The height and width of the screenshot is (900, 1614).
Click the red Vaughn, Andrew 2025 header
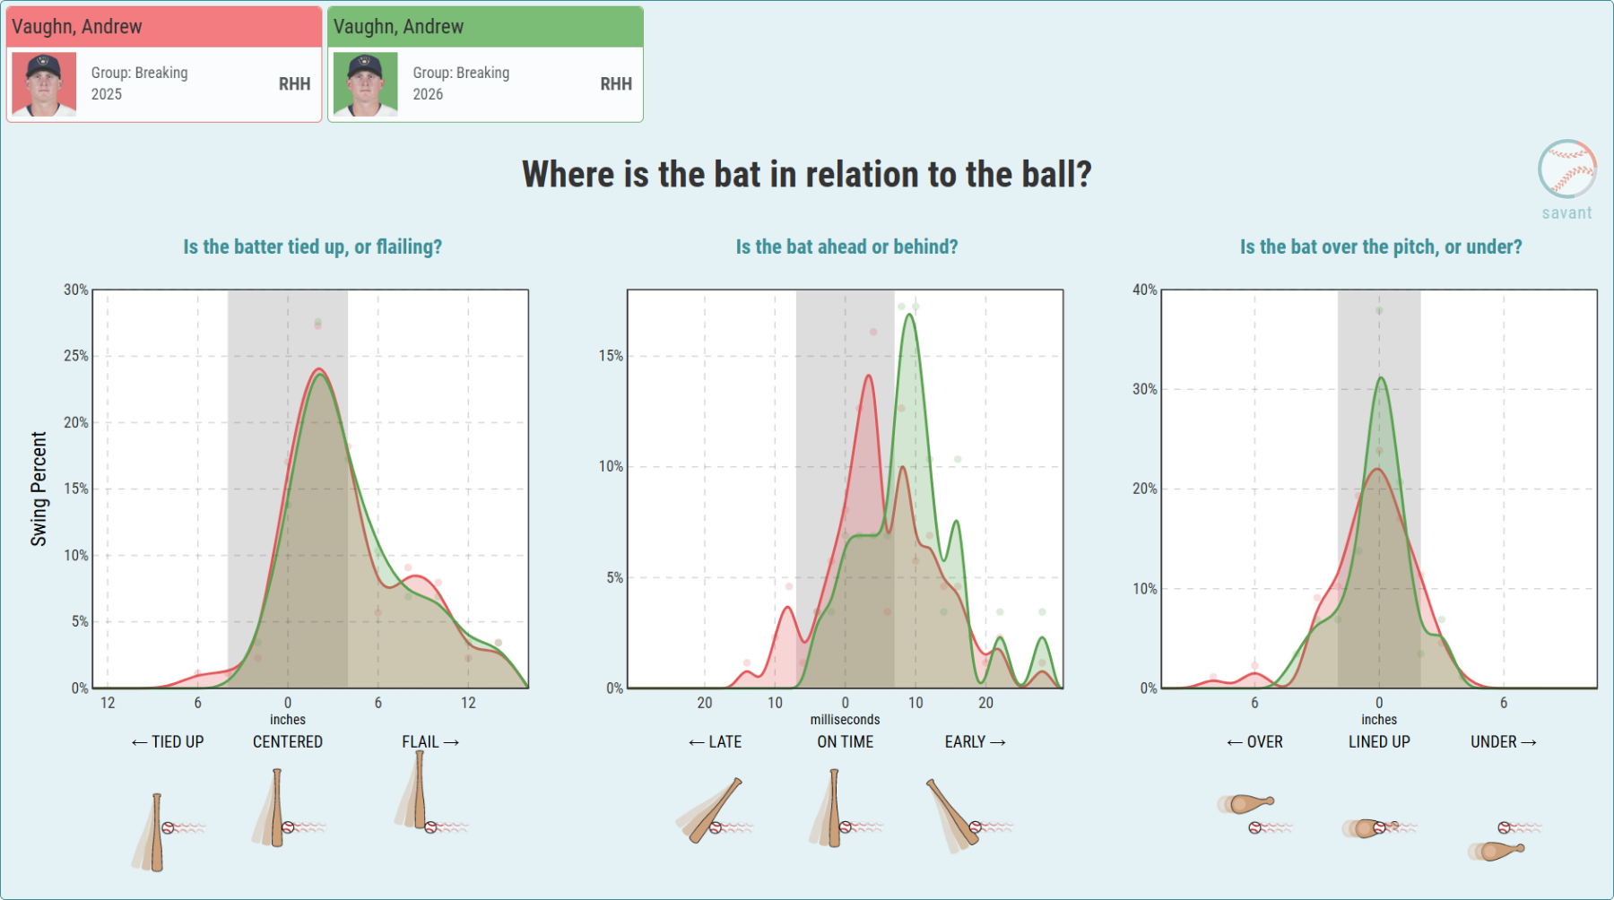(x=164, y=27)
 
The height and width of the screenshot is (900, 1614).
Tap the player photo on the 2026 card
(x=365, y=84)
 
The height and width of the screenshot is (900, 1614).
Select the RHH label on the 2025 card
(x=294, y=84)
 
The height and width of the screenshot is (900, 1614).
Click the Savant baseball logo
(x=1567, y=169)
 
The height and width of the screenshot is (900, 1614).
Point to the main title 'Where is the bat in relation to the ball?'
(x=807, y=175)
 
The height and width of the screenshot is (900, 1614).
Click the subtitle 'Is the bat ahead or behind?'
(x=846, y=247)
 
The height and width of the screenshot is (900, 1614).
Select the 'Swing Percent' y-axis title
(x=39, y=489)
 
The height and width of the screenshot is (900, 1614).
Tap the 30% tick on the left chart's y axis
(x=75, y=290)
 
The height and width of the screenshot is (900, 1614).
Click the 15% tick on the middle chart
(x=611, y=356)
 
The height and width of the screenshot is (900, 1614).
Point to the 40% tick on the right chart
(x=1144, y=290)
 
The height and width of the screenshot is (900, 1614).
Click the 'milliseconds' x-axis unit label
(x=845, y=720)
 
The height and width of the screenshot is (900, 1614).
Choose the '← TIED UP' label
(x=168, y=742)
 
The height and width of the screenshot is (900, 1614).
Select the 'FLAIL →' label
(x=430, y=742)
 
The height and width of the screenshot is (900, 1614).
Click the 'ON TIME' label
(x=845, y=742)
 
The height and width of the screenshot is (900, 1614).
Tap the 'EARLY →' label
(x=975, y=742)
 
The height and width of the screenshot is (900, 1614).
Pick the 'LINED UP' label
(x=1379, y=742)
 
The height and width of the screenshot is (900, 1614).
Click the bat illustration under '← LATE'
(x=712, y=811)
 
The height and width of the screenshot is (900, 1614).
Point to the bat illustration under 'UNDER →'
(x=1496, y=851)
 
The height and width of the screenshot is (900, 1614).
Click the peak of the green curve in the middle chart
(x=911, y=315)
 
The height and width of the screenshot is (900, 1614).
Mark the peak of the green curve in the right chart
(x=1381, y=377)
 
